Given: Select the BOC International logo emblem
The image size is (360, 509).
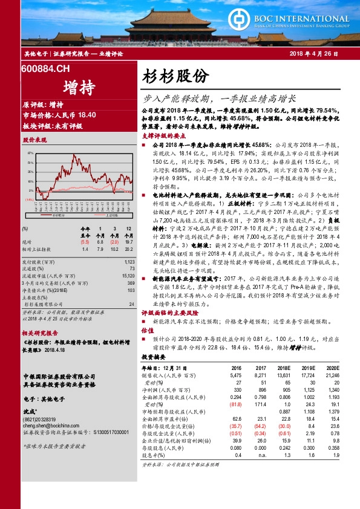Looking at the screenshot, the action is click(241, 14).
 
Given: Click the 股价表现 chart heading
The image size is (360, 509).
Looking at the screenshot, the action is click(34, 140).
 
